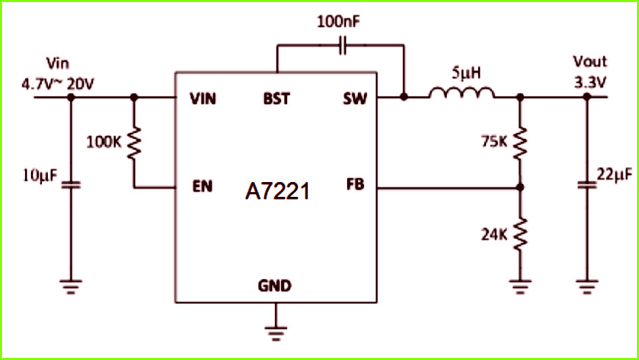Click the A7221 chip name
[277, 191]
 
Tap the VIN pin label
[203, 98]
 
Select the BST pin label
[277, 98]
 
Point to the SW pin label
[355, 98]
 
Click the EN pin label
[202, 186]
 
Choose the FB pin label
[355, 185]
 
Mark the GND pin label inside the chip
[274, 286]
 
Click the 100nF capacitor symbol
[342, 45]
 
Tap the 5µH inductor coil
[462, 93]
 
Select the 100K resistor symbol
[134, 143]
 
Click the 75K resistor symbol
[520, 143]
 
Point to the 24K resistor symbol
[520, 234]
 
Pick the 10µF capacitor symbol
[71, 185]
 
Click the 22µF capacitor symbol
[587, 185]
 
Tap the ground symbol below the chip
[276, 332]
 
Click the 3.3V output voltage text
[590, 83]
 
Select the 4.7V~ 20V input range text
[57, 84]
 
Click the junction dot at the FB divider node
[520, 187]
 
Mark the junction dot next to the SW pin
[404, 97]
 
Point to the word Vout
[590, 62]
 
